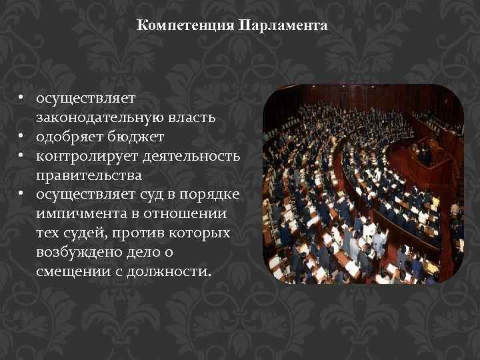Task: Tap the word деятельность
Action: pos(185,156)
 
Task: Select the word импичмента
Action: pos(77,214)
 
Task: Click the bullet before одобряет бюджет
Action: pos(22,137)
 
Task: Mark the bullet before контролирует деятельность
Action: pos(22,156)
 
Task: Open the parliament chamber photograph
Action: pos(363,184)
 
